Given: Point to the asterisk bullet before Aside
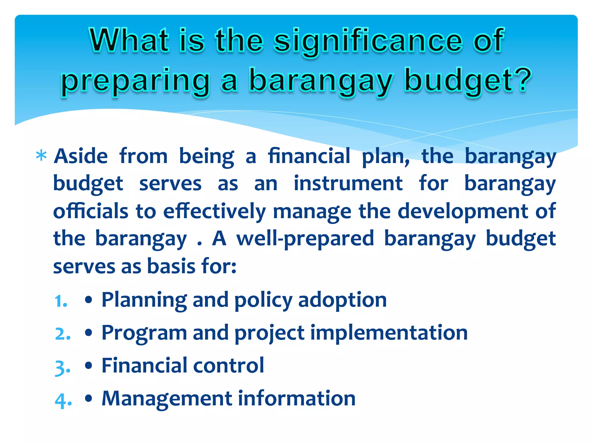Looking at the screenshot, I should [41, 156].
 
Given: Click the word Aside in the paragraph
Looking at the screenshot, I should [81, 156].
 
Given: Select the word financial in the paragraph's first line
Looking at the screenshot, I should [308, 156].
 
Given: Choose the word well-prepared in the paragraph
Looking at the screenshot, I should [305, 239].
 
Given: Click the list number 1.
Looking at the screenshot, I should [61, 301].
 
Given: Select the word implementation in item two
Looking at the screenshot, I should [389, 333].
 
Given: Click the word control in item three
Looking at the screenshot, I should [228, 365].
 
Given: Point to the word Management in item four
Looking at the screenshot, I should [166, 398].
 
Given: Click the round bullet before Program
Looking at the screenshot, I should [89, 333].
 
